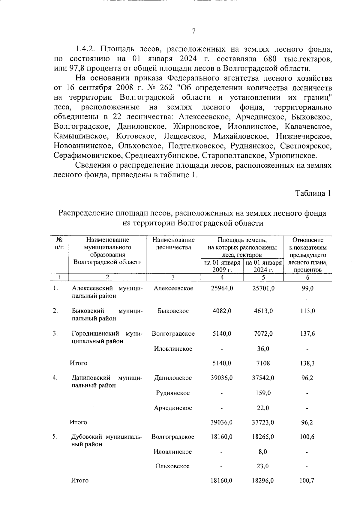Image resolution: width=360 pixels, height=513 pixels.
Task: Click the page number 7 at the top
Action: [193, 31]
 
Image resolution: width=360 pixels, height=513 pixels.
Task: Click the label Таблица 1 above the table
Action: [313, 193]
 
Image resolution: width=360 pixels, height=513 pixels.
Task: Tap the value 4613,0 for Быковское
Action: [263, 311]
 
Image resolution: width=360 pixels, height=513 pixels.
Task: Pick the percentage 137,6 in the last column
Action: [307, 334]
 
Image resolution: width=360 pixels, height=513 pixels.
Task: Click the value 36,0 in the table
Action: [263, 349]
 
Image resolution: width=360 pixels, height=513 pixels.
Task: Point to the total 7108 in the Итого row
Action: [263, 363]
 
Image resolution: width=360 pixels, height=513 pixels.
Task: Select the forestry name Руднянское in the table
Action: [173, 393]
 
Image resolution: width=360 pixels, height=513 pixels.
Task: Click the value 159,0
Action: [263, 393]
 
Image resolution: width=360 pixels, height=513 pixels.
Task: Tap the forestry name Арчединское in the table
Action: [173, 408]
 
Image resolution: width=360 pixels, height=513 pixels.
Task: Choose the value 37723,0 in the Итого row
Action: [263, 422]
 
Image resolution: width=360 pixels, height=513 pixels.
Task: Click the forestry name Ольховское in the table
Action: [173, 466]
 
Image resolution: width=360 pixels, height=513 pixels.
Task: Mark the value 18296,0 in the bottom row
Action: [263, 481]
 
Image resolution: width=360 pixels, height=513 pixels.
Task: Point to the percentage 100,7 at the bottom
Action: [307, 481]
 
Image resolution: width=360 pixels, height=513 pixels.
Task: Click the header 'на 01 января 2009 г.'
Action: [222, 266]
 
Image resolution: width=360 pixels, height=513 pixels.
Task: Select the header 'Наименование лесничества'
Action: [173, 244]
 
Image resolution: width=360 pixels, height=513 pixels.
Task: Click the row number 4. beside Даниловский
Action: [55, 378]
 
